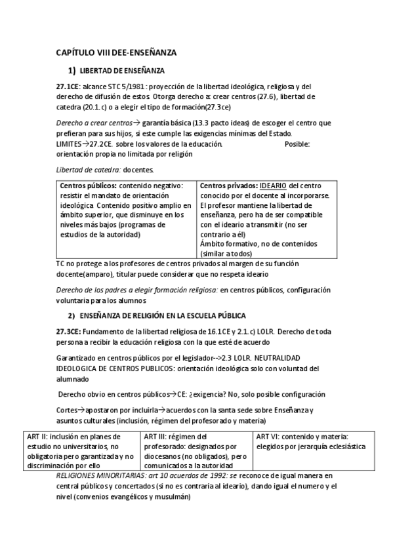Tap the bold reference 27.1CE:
pos(70,86)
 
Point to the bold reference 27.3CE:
pos(70,331)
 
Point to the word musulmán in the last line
pos(172,496)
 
